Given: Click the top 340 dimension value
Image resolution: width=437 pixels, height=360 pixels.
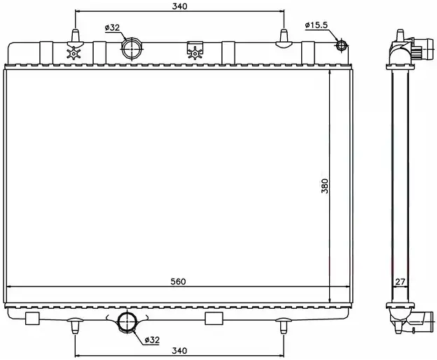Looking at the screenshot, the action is click(179, 6).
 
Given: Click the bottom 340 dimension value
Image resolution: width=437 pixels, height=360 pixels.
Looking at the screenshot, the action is click(179, 350).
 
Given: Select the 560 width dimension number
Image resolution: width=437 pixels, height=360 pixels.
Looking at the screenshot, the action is click(178, 282).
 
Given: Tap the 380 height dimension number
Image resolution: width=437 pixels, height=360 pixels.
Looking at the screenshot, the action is click(325, 186).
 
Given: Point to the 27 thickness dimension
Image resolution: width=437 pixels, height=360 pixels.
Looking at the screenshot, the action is click(400, 282).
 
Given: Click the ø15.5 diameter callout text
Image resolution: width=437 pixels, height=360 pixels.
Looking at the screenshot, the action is click(317, 25).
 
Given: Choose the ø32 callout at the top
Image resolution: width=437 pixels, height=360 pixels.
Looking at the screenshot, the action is click(112, 27).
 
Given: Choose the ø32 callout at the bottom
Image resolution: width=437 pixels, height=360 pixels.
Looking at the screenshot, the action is click(152, 340).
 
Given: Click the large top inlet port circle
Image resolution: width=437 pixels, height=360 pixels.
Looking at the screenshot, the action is click(131, 48).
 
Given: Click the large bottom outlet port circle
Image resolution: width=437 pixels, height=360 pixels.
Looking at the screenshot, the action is click(127, 321).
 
